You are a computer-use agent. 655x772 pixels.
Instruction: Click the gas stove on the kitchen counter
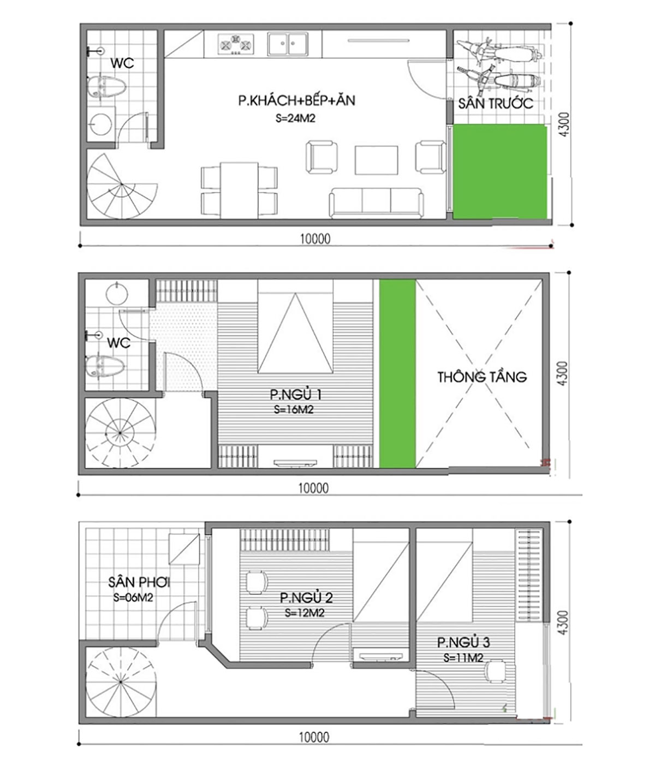point(236,45)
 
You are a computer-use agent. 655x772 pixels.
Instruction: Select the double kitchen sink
point(288,44)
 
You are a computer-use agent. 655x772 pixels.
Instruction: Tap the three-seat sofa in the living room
point(376,203)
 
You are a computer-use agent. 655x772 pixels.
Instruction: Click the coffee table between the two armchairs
point(377,160)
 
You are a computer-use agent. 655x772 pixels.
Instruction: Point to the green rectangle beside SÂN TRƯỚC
point(500,171)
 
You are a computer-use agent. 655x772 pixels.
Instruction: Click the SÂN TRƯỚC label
point(496,103)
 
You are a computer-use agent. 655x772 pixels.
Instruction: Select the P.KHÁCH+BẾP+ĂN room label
point(297,100)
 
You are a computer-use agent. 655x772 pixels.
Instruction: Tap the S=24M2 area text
point(295,118)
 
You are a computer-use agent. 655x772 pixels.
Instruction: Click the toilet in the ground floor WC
point(106,87)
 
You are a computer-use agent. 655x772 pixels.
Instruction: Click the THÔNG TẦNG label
point(482,377)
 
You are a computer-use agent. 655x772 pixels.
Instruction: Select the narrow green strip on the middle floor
point(397,373)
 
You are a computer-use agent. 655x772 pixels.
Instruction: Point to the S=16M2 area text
point(294,409)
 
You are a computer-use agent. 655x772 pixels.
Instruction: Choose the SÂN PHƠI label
point(139,582)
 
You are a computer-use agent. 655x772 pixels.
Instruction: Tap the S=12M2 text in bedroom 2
point(305,613)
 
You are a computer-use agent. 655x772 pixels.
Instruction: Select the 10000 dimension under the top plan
point(315,239)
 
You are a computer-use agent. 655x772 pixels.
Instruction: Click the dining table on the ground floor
point(239,190)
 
